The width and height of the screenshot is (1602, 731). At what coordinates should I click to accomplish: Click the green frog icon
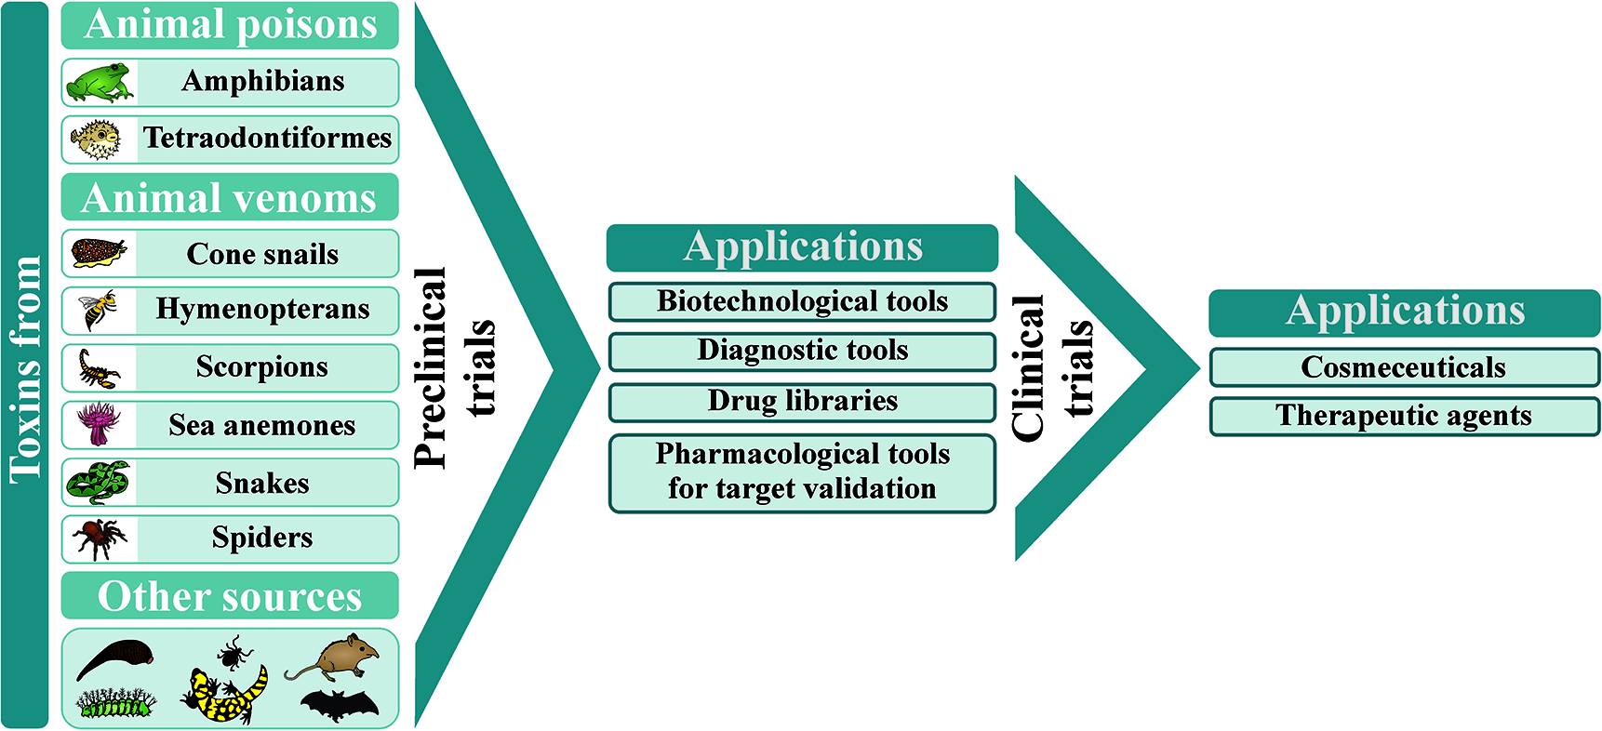click(x=99, y=83)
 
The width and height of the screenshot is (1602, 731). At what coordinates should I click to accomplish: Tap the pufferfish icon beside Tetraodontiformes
click(x=97, y=140)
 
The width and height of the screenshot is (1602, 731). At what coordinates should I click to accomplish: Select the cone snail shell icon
click(x=99, y=252)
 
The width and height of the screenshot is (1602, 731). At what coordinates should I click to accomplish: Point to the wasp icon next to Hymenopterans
click(x=100, y=310)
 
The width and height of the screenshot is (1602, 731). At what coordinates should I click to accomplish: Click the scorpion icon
click(x=98, y=368)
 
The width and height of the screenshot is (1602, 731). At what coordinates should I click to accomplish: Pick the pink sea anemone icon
click(x=98, y=424)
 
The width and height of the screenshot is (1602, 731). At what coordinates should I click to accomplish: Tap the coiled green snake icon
click(x=98, y=482)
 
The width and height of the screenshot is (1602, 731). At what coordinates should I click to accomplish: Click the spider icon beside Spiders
click(x=100, y=538)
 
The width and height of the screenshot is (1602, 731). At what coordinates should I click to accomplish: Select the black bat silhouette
click(x=340, y=706)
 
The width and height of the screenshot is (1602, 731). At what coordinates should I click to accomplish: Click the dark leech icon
click(x=113, y=658)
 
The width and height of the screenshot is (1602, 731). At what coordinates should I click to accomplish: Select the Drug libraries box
click(x=802, y=402)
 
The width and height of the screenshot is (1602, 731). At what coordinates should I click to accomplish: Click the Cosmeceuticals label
click(x=1403, y=367)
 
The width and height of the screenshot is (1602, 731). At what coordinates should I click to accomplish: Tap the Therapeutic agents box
click(x=1403, y=416)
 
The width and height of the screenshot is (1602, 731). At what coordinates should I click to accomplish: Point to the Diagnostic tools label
click(x=802, y=351)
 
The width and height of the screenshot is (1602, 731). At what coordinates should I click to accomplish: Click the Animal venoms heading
click(x=229, y=198)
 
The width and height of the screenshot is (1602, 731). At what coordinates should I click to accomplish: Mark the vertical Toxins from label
click(x=25, y=368)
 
